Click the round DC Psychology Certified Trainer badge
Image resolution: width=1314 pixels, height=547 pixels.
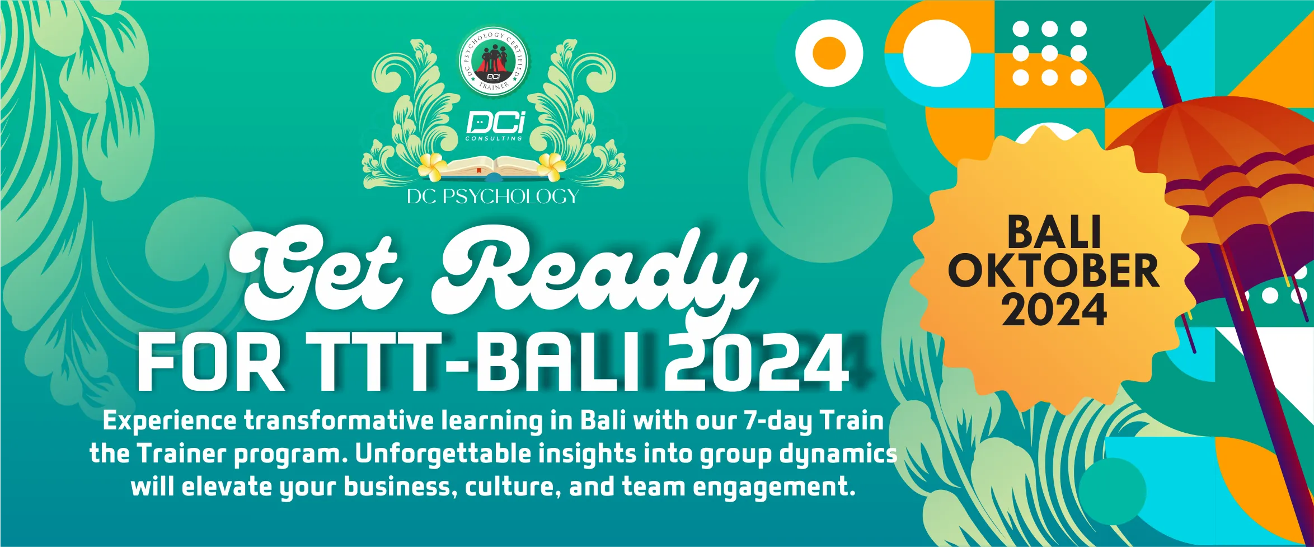(494, 61)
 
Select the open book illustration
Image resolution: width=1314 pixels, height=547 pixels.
(493, 168)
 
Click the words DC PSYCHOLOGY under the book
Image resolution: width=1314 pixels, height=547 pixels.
(492, 197)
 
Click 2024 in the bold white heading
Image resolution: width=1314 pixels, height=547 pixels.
(758, 363)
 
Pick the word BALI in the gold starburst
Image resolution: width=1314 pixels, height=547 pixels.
(1054, 232)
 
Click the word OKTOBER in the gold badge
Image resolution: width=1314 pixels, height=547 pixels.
(1053, 270)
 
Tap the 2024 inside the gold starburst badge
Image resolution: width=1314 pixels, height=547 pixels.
(1054, 310)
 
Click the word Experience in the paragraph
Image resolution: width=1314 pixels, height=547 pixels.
(170, 422)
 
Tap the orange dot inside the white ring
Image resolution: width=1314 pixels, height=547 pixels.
(829, 53)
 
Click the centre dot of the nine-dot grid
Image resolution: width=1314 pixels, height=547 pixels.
(1050, 53)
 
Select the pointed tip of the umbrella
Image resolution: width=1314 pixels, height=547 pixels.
(1145, 18)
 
